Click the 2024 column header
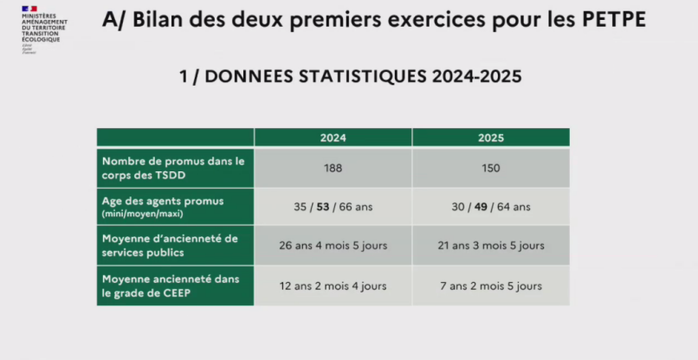(x=333, y=138)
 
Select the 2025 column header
(x=490, y=138)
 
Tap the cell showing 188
(x=333, y=168)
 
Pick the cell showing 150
(x=490, y=168)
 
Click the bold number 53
(x=323, y=207)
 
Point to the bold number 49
(x=481, y=207)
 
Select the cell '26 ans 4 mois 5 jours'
(x=333, y=246)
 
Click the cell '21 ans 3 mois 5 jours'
(x=490, y=246)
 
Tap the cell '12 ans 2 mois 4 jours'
(x=333, y=286)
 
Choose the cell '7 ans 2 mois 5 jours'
(x=490, y=286)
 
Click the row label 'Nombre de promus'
(x=173, y=168)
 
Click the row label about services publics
(x=170, y=246)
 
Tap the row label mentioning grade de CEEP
(x=170, y=286)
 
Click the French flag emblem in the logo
(x=29, y=8)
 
